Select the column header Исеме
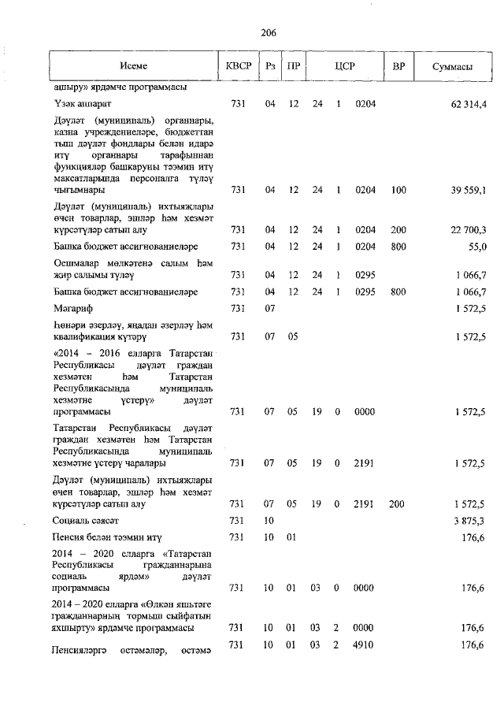point(134,67)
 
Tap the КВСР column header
point(239,67)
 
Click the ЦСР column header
point(344,67)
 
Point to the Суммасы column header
point(452,67)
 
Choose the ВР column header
point(398,67)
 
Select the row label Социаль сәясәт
point(86,521)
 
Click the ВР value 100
point(398,190)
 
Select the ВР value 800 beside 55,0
point(398,247)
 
